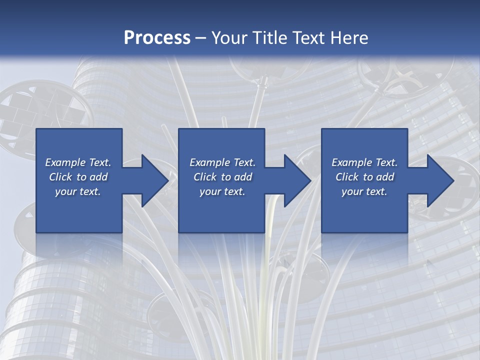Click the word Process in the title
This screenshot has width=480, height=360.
tap(157, 38)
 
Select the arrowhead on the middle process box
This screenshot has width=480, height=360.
tap(296, 180)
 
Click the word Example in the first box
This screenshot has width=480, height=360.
tap(65, 162)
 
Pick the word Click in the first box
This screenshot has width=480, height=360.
tap(61, 177)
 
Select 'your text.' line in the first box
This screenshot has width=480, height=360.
tap(78, 191)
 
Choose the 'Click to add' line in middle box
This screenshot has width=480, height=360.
tap(222, 177)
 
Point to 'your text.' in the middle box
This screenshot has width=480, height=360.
tap(222, 191)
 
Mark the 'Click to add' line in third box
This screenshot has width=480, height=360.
tap(364, 177)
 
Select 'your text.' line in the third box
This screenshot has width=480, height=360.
tap(364, 191)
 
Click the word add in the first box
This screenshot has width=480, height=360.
tap(98, 177)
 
